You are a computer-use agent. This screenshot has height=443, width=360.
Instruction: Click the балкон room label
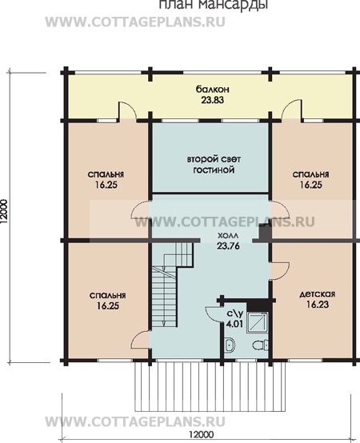point(213,90)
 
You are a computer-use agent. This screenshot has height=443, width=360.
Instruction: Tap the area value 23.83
point(213,100)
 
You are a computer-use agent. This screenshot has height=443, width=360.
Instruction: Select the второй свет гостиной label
point(214,165)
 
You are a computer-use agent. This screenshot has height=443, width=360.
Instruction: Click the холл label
point(228,235)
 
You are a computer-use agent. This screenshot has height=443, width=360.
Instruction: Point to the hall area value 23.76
point(228,246)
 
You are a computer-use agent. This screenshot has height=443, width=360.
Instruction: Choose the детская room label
point(317,294)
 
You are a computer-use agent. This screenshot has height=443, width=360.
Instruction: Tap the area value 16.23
point(318,305)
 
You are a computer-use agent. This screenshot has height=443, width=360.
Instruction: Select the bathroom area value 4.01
point(234,324)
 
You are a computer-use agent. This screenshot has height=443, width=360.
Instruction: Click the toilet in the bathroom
point(260,345)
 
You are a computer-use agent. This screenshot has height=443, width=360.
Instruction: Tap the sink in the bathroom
point(230,345)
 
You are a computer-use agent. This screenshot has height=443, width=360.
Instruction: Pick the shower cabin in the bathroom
point(257,322)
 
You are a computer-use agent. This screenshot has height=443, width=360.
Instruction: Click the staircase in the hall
point(172,285)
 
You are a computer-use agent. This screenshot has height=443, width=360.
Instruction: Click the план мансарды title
point(214,5)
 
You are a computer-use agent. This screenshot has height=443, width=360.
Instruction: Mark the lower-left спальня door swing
point(141,341)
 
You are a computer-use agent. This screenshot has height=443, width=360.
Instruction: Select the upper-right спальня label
point(310,174)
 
